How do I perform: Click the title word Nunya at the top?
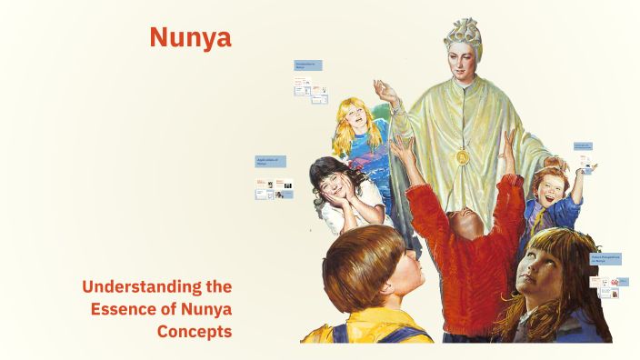point(190,37)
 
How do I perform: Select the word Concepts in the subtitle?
point(195,332)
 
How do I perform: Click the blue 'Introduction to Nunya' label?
point(307,65)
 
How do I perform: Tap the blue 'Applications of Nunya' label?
point(270,161)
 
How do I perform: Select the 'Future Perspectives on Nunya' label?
point(605,259)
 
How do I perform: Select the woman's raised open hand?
point(386,91)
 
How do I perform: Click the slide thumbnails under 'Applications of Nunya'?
point(274,189)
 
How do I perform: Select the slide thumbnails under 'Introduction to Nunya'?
point(310,88)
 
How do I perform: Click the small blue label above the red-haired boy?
point(582,145)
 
